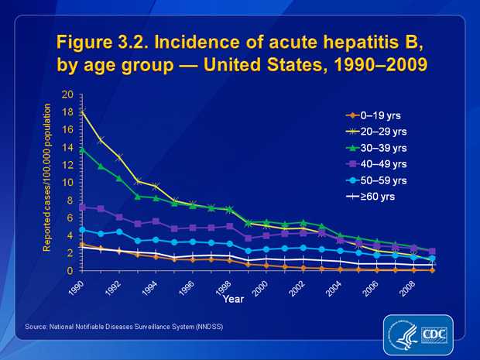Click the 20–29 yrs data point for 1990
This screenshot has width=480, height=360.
(83, 113)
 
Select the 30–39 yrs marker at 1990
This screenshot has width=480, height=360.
(83, 149)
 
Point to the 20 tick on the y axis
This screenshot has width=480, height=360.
(67, 94)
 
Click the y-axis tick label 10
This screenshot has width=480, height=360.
(67, 183)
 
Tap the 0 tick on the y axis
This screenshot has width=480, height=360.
(70, 271)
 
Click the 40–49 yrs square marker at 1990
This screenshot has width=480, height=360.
(83, 207)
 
